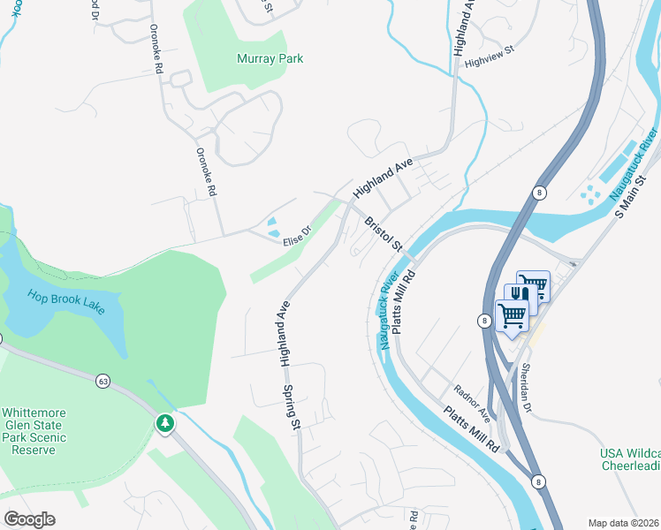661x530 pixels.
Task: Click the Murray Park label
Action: click(x=270, y=58)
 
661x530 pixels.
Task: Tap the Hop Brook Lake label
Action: click(x=65, y=300)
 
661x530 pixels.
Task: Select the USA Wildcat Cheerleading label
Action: click(x=630, y=459)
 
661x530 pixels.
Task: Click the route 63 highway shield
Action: click(x=103, y=381)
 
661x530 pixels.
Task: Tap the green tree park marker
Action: click(x=164, y=424)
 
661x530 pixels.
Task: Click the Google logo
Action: click(x=29, y=519)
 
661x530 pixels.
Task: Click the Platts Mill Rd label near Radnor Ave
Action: click(x=473, y=430)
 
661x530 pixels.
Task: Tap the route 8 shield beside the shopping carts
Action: click(x=484, y=322)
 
